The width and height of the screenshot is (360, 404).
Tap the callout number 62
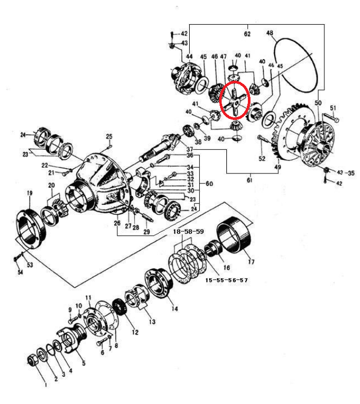[x=247, y=34]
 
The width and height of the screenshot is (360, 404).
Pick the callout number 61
[x=249, y=180]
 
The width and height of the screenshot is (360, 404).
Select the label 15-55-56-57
[x=226, y=280]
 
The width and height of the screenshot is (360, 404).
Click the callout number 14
[x=175, y=309]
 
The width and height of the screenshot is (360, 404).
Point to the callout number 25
[x=109, y=137]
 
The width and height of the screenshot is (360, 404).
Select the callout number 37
[x=189, y=149]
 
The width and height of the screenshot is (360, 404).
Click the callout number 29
[x=147, y=232]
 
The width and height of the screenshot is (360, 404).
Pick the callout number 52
[x=263, y=158]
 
